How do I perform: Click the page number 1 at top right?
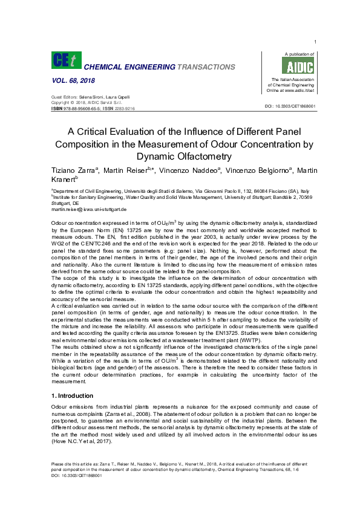coord(316,42)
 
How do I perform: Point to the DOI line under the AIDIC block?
coord(290,106)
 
